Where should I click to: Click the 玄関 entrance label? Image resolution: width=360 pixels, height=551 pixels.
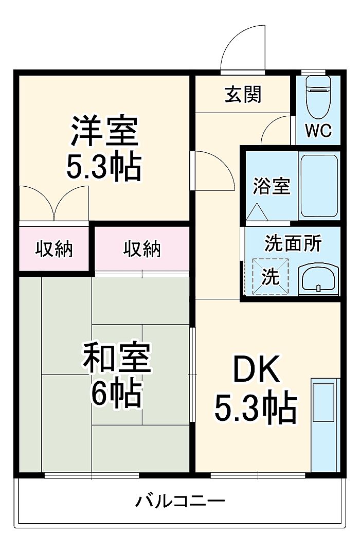click(x=243, y=94)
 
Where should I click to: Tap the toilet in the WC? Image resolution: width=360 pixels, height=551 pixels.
click(x=318, y=97)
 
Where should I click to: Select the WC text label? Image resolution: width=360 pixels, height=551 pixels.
click(x=318, y=131)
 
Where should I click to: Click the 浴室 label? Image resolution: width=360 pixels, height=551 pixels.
click(x=271, y=186)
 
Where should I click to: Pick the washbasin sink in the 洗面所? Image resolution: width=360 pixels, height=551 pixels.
click(x=319, y=280)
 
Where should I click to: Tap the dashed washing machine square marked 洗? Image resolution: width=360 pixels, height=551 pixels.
click(x=271, y=276)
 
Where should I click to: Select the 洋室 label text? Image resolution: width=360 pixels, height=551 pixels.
click(x=104, y=131)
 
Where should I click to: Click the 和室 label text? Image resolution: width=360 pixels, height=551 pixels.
click(x=117, y=359)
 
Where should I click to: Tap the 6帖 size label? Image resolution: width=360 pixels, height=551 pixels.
click(x=117, y=395)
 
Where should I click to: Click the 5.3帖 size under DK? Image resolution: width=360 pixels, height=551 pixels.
click(x=256, y=407)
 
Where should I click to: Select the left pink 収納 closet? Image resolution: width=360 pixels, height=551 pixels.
click(x=54, y=249)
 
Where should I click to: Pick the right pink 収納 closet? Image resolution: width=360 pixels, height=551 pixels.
click(x=142, y=249)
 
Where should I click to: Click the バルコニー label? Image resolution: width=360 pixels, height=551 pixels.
click(x=180, y=500)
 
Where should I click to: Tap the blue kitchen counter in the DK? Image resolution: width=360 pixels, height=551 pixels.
click(x=326, y=424)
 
